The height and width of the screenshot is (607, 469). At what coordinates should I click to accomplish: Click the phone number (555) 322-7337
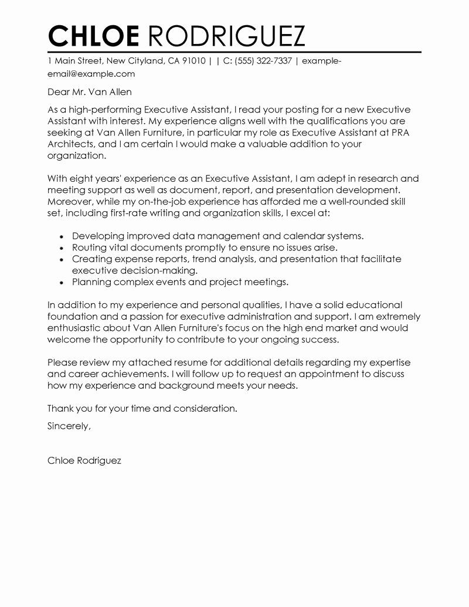(x=263, y=61)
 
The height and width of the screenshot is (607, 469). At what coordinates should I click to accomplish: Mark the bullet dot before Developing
(x=62, y=236)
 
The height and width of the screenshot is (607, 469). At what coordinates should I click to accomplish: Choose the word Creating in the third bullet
(x=91, y=259)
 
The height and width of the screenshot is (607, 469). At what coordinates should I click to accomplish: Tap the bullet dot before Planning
(x=62, y=283)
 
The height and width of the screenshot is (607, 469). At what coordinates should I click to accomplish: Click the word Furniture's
(x=205, y=328)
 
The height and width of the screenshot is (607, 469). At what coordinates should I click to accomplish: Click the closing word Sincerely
(x=69, y=426)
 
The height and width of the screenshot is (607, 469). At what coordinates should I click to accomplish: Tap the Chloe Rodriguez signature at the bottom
(x=84, y=461)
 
